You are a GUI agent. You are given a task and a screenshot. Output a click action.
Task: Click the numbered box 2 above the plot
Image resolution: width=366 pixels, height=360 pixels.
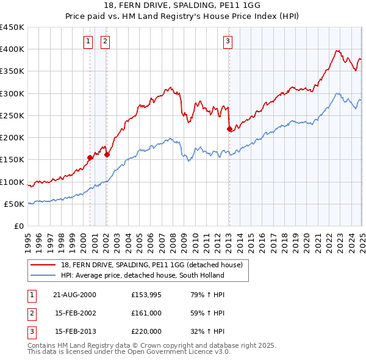pos(105,41)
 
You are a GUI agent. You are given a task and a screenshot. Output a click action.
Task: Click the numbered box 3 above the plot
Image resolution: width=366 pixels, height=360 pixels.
pos(228,41)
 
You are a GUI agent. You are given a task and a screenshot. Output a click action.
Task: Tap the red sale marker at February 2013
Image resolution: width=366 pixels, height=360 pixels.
pos(229,129)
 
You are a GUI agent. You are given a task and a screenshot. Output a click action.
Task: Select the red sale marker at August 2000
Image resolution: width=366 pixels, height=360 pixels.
pos(90,157)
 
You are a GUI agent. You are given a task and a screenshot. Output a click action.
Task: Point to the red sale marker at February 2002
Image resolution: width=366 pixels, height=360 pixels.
pos(107,154)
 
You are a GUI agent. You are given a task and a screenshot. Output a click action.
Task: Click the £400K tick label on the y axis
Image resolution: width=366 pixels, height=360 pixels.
pos(12,49)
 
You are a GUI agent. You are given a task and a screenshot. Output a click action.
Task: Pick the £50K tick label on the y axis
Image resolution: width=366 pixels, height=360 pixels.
pos(15,204)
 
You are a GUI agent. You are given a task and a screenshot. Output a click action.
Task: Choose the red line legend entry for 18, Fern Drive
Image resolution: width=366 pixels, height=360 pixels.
pos(152,265)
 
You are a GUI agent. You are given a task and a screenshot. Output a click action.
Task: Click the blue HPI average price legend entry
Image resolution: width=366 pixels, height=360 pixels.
pos(143,275)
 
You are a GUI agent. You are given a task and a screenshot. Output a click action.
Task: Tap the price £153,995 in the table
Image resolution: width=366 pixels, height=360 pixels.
pos(145,294)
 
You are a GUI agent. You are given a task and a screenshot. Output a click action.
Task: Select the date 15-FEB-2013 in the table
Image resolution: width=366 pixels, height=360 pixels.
pos(75,332)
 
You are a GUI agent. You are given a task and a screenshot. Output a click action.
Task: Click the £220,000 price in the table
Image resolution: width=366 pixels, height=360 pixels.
pos(146,332)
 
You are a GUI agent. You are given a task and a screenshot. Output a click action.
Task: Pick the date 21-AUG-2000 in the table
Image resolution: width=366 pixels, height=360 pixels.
pos(75,294)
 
